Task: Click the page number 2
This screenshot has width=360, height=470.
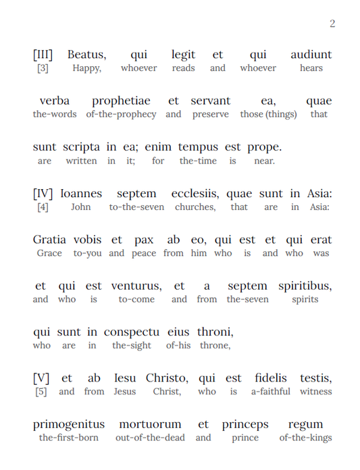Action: click(x=332, y=24)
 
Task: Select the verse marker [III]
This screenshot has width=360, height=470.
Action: click(x=43, y=55)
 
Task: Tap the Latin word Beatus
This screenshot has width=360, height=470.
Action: click(x=86, y=55)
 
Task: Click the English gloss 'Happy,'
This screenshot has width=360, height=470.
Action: click(x=86, y=68)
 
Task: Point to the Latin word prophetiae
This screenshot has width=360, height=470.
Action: click(x=124, y=101)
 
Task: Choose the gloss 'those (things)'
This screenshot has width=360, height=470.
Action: click(x=268, y=114)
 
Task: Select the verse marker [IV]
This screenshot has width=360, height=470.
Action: click(x=43, y=194)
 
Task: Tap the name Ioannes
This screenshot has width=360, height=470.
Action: click(x=81, y=194)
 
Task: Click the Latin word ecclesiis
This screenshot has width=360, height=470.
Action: click(x=196, y=194)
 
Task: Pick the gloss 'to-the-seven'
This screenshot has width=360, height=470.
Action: click(x=136, y=207)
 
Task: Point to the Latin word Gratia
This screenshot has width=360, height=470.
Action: click(x=50, y=240)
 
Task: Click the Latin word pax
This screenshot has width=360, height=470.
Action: click(x=143, y=240)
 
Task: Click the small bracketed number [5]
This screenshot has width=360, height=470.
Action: click(x=41, y=392)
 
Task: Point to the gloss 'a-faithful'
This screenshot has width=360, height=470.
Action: click(x=270, y=392)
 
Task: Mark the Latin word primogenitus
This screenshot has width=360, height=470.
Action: click(x=69, y=425)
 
